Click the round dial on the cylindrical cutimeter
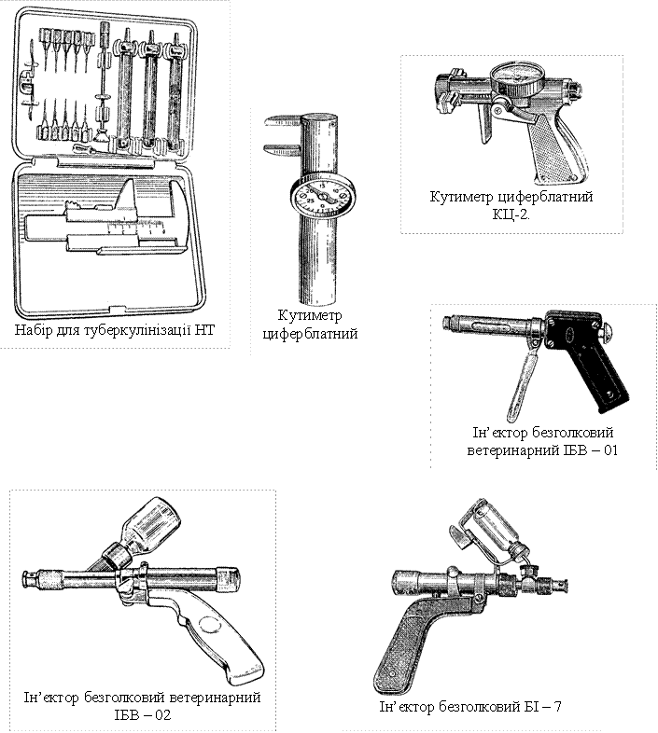[x=323, y=197]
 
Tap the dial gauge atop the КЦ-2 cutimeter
[x=517, y=78]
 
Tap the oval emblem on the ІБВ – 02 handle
[x=210, y=625]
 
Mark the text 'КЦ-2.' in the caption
[x=511, y=214]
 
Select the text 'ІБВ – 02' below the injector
[x=142, y=714]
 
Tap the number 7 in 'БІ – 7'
[x=557, y=706]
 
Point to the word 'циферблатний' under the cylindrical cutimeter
[x=310, y=334]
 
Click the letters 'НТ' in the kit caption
[x=205, y=329]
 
